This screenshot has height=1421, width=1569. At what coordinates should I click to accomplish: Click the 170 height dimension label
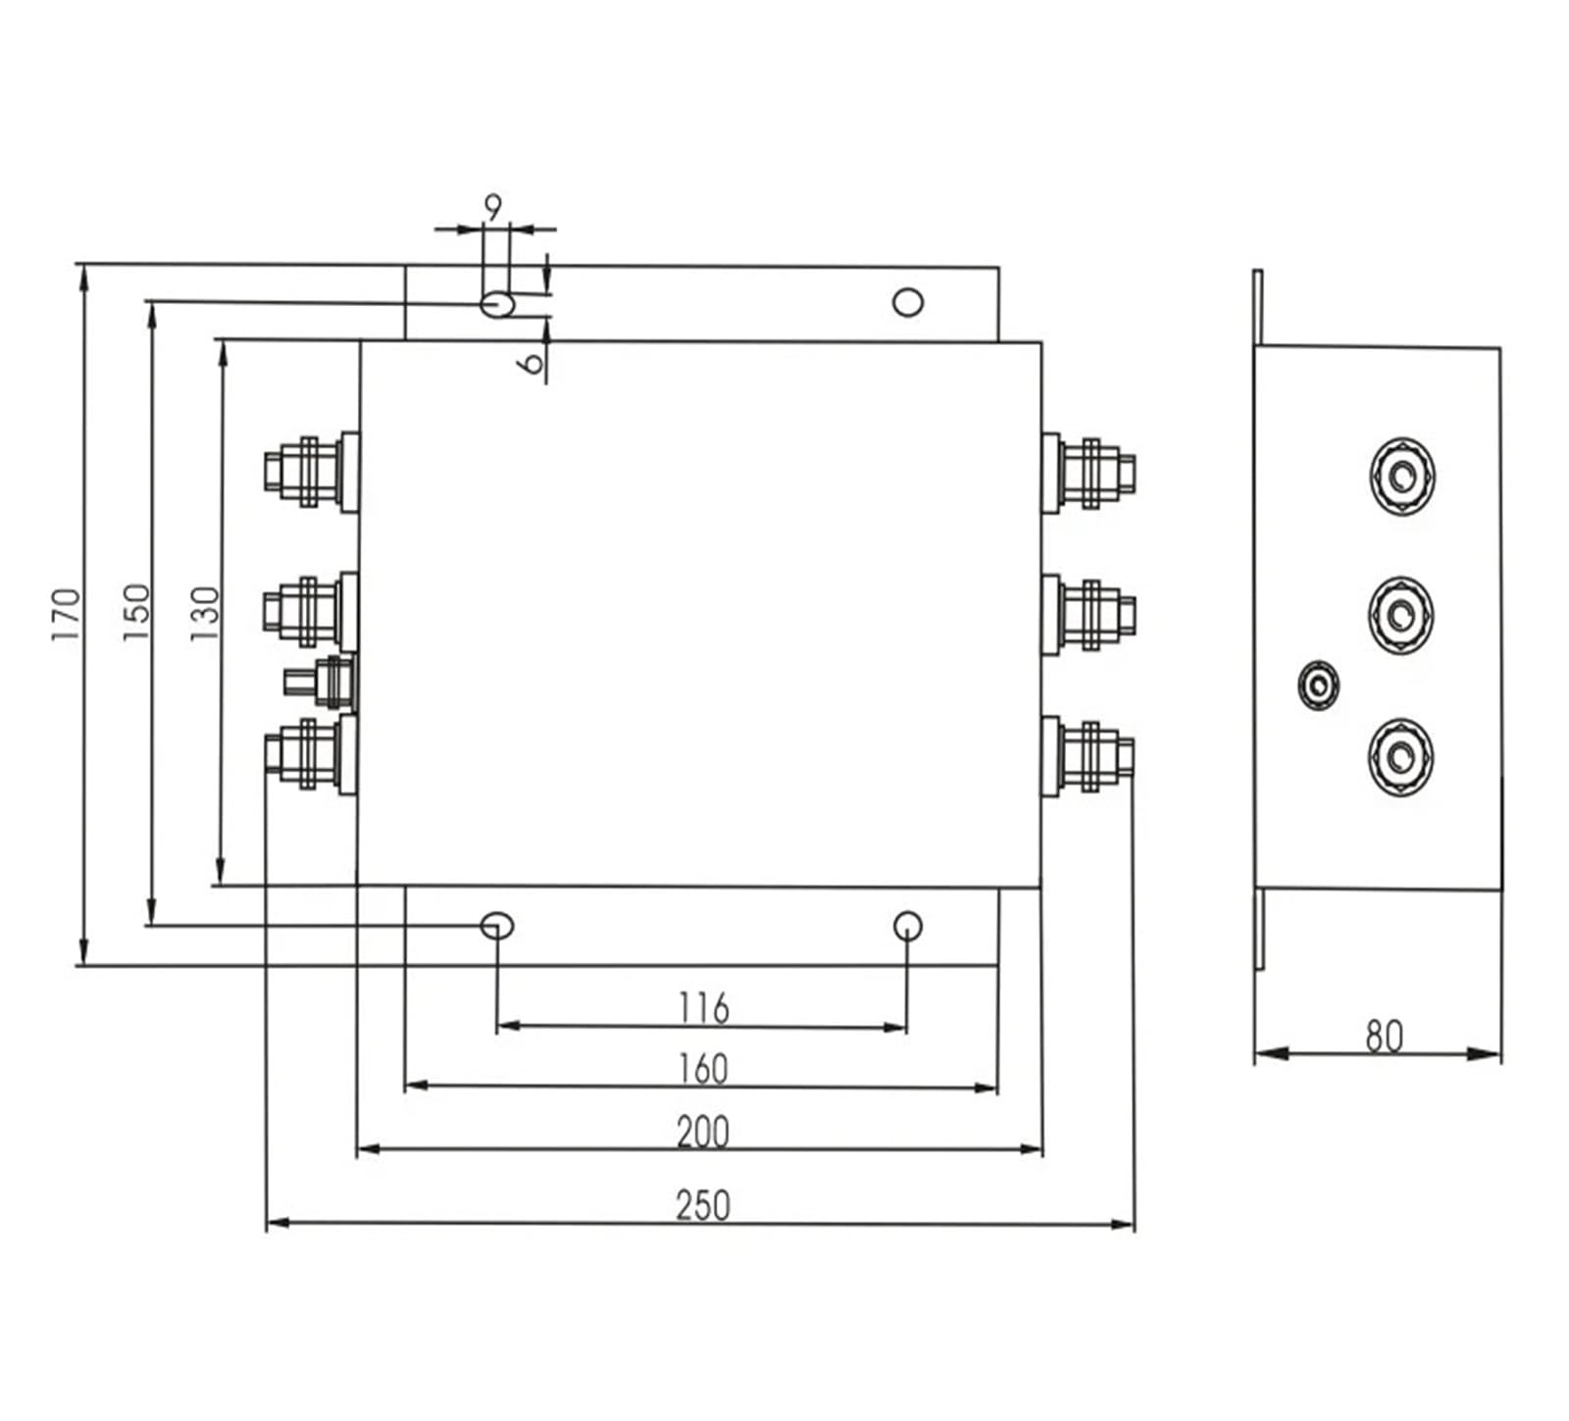(65, 615)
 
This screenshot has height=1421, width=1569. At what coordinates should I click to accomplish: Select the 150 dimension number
(136, 613)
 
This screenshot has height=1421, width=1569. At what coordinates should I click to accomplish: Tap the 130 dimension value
(204, 614)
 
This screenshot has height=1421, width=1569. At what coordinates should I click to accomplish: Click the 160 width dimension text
(703, 1069)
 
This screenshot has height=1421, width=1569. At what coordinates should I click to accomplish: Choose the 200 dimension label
(703, 1132)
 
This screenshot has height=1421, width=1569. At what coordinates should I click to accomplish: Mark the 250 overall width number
(703, 1205)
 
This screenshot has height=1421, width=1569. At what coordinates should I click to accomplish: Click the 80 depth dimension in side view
(1384, 1037)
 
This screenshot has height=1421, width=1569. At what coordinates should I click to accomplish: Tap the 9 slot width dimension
(493, 207)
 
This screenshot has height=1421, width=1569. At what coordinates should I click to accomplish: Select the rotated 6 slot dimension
(531, 362)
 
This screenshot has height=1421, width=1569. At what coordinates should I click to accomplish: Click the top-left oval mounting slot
(498, 303)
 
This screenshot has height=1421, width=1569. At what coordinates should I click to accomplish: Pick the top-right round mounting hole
(908, 302)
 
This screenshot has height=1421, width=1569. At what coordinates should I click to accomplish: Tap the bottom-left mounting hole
(498, 925)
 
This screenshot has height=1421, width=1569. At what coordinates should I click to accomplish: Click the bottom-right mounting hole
(908, 925)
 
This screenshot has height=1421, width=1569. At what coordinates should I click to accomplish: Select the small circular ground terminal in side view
(1317, 685)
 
